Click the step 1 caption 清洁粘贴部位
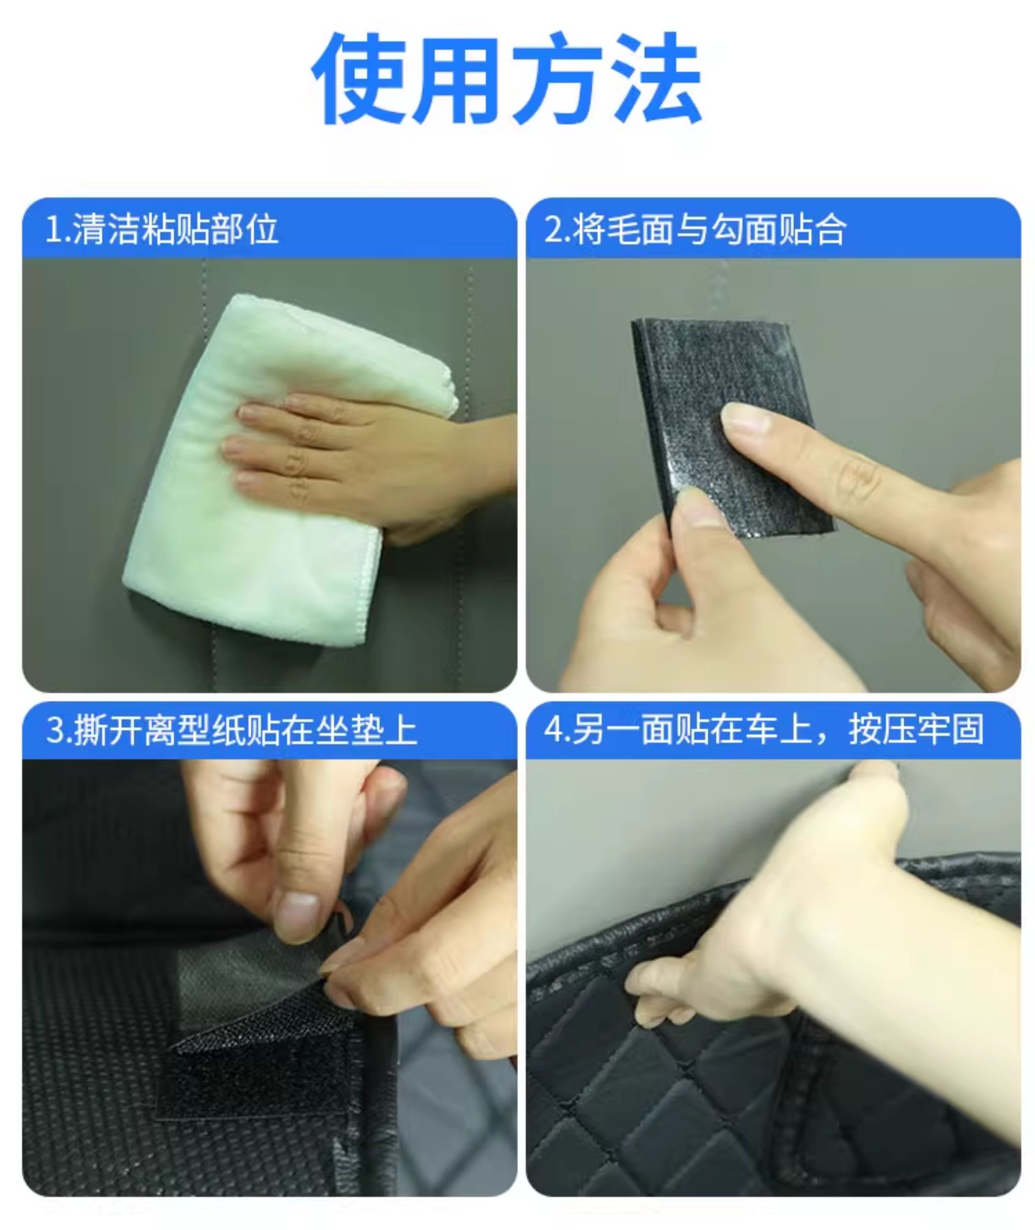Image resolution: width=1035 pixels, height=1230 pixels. [x=175, y=229]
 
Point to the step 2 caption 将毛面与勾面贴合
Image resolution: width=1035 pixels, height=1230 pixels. [x=709, y=229]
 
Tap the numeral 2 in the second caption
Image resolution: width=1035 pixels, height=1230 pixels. [x=553, y=230]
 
